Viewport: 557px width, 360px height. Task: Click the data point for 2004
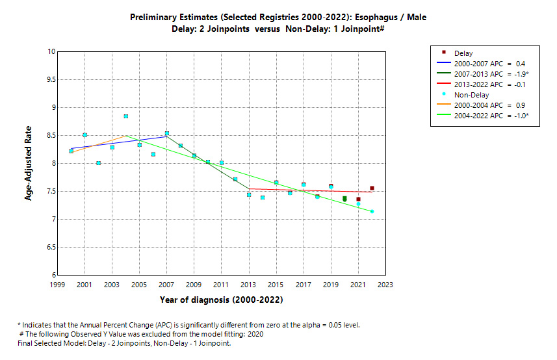click(126, 116)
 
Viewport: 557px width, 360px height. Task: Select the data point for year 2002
click(99, 163)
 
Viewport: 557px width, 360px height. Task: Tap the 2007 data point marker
click(167, 133)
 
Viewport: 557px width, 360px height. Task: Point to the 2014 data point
click(263, 198)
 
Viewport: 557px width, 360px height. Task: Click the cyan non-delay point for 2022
click(372, 211)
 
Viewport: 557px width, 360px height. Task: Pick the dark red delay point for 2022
click(372, 188)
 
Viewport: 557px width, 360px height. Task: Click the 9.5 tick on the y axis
click(50, 79)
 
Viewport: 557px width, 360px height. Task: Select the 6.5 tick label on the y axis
click(50, 248)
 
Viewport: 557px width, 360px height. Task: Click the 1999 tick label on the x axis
click(57, 285)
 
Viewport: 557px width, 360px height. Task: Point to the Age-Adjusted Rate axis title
click(29, 163)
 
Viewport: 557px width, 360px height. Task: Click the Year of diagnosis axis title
click(221, 300)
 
